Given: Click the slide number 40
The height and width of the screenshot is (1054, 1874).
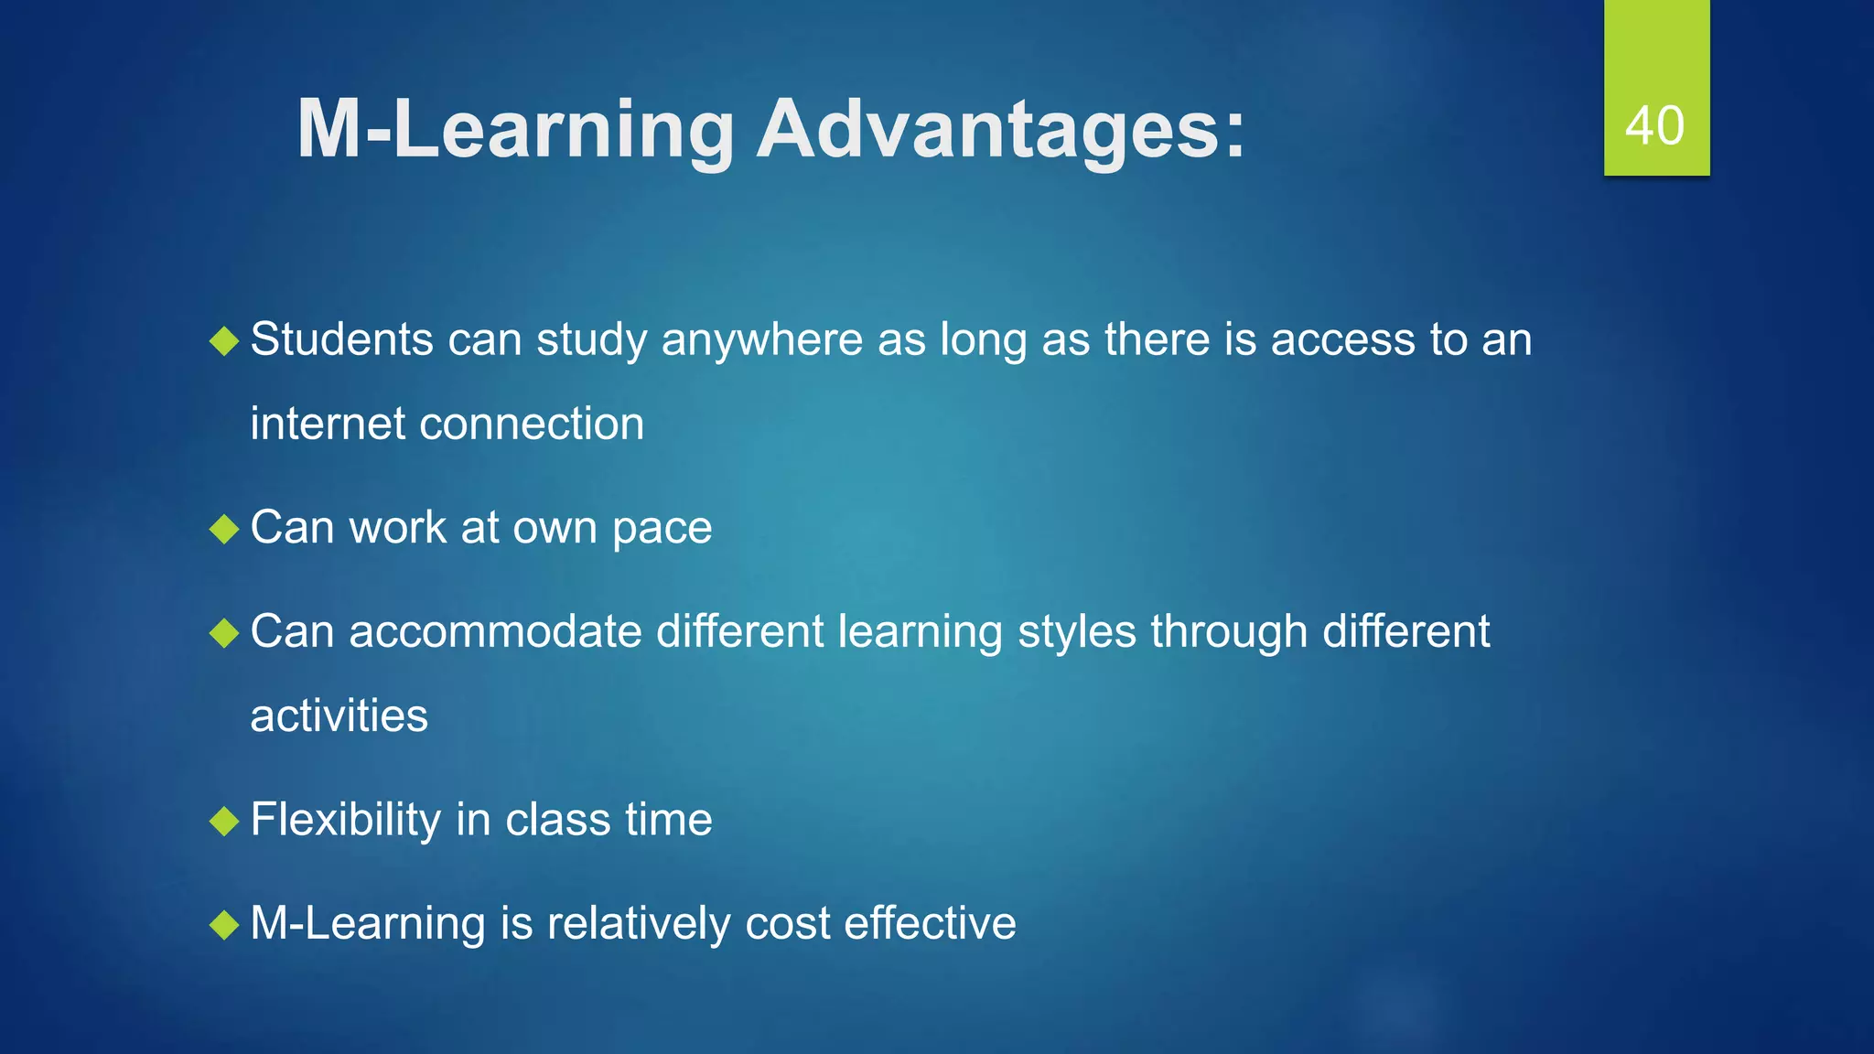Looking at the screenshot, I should point(1654,125).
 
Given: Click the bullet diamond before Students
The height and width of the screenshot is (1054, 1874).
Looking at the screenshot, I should point(224,341).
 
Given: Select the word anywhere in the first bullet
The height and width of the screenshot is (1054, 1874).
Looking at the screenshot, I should point(761,340).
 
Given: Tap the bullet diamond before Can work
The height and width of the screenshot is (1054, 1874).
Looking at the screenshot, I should point(224,529).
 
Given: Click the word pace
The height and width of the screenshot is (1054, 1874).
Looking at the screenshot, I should point(662,529).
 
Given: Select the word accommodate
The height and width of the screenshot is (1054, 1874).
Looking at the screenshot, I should point(495,632).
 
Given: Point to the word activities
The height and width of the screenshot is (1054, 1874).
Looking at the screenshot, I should point(339,716).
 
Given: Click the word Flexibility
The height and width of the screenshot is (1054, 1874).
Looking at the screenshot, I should point(345,820).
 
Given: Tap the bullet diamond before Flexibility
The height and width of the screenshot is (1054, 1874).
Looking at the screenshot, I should point(224,821).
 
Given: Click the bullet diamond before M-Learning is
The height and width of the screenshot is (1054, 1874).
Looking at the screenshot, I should point(224,924).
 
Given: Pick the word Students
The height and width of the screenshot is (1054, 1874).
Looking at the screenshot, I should point(341,340).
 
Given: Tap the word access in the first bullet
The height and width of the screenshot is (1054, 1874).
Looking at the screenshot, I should point(1342,340).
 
